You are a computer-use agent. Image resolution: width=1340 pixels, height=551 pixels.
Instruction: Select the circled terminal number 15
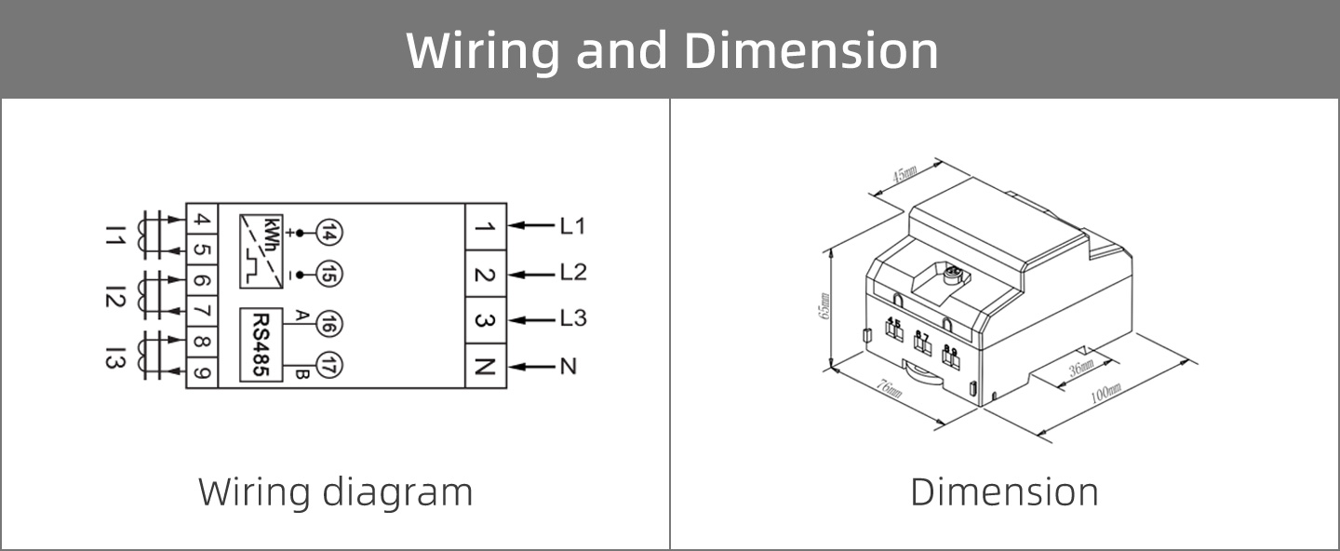click(x=329, y=275)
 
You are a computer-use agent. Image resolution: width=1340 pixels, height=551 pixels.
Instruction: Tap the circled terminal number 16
click(x=329, y=324)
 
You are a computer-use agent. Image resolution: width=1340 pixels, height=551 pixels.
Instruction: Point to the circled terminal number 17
click(x=329, y=366)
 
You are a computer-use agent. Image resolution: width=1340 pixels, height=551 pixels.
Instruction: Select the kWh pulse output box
click(x=261, y=251)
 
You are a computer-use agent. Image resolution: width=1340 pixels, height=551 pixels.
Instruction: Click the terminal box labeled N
click(x=485, y=366)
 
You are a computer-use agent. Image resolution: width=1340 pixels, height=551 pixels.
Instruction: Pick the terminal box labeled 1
click(x=485, y=226)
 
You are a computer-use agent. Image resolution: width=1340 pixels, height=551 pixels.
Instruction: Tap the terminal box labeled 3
click(x=485, y=320)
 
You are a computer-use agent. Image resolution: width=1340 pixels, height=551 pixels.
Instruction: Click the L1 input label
click(x=572, y=225)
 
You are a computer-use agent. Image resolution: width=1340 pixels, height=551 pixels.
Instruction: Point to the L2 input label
click(x=573, y=273)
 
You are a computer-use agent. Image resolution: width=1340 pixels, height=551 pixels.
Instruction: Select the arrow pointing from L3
click(x=532, y=319)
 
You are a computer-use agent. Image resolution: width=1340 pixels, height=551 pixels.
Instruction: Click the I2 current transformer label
click(x=114, y=297)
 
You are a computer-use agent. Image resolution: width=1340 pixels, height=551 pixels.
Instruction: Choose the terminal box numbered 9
click(x=202, y=374)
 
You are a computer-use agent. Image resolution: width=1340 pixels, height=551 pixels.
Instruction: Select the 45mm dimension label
click(x=904, y=174)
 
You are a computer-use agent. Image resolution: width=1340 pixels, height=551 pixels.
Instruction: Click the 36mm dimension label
click(x=1081, y=369)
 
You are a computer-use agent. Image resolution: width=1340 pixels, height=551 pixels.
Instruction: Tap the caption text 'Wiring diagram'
click(x=335, y=491)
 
